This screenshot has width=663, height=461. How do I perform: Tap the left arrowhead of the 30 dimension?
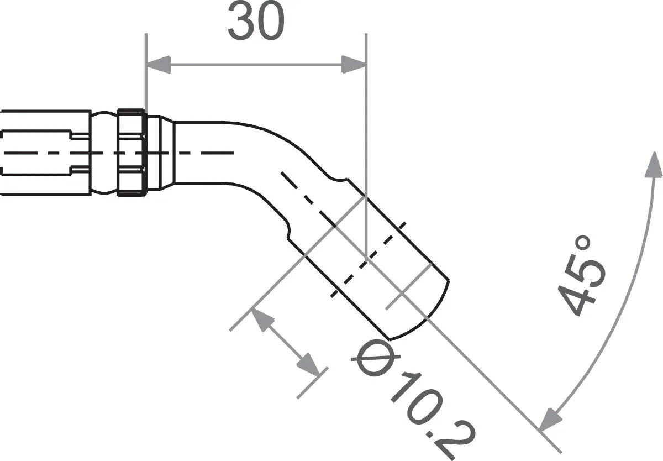[x=157, y=64]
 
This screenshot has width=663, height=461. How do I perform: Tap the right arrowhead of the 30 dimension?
[x=354, y=64]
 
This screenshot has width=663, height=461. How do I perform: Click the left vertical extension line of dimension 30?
[x=146, y=72]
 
